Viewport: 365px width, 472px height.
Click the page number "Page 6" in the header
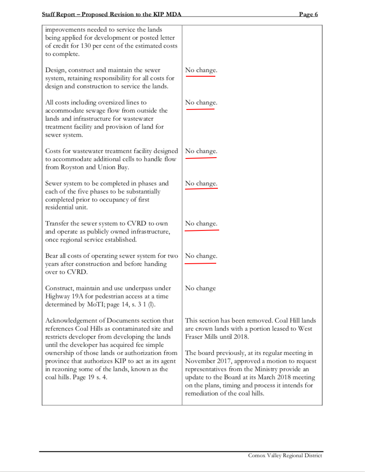(308, 14)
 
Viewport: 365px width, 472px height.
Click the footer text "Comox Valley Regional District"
(285, 455)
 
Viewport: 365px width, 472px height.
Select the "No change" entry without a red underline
(200, 288)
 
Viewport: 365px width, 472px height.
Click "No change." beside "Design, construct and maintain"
(201, 70)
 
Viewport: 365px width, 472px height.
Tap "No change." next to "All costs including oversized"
(201, 103)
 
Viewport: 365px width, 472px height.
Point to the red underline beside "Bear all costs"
(200, 263)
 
